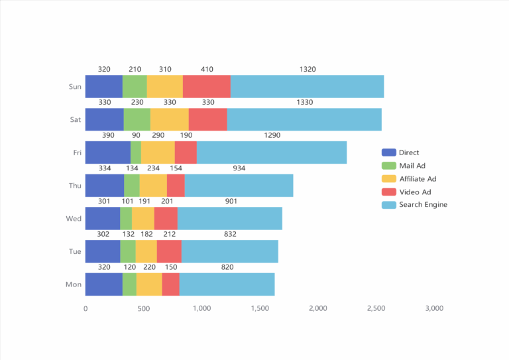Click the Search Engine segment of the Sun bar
[x=307, y=86]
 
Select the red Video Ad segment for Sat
[x=208, y=119]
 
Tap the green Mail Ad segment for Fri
[x=136, y=152]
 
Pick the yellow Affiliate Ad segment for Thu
[x=153, y=186]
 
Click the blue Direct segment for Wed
[x=103, y=218]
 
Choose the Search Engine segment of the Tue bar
[x=229, y=251]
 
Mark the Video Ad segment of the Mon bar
[x=170, y=284]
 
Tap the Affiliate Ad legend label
[x=418, y=179]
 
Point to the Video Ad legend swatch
[x=389, y=192]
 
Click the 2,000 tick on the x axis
[x=318, y=308]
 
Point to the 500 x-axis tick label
[x=143, y=308]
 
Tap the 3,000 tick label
[x=434, y=308]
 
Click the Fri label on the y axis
[x=77, y=152]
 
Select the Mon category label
[x=74, y=284]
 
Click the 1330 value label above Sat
[x=305, y=102]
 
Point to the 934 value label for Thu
[x=239, y=168]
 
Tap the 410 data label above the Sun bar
[x=207, y=69]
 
